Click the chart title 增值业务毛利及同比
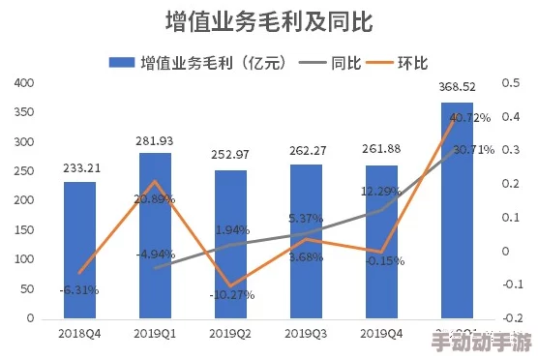tap(269, 21)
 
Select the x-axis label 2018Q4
tap(79, 333)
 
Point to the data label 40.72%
tap(469, 118)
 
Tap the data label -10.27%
tap(233, 294)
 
